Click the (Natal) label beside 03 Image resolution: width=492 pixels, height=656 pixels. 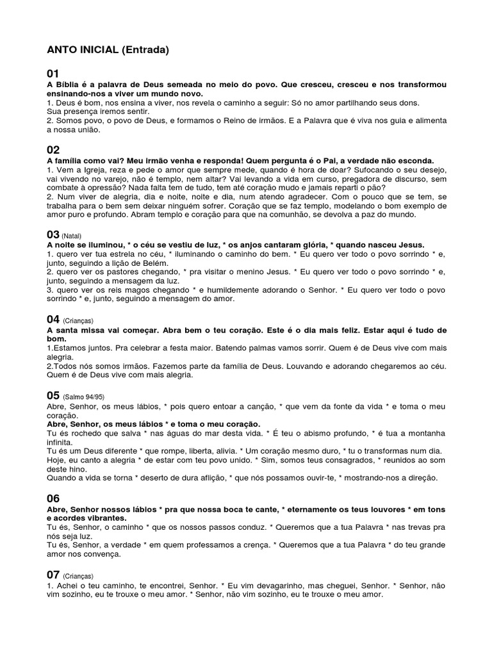click(x=72, y=236)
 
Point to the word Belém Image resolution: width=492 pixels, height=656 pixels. click(x=153, y=263)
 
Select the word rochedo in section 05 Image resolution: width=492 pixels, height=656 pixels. click(x=79, y=433)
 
